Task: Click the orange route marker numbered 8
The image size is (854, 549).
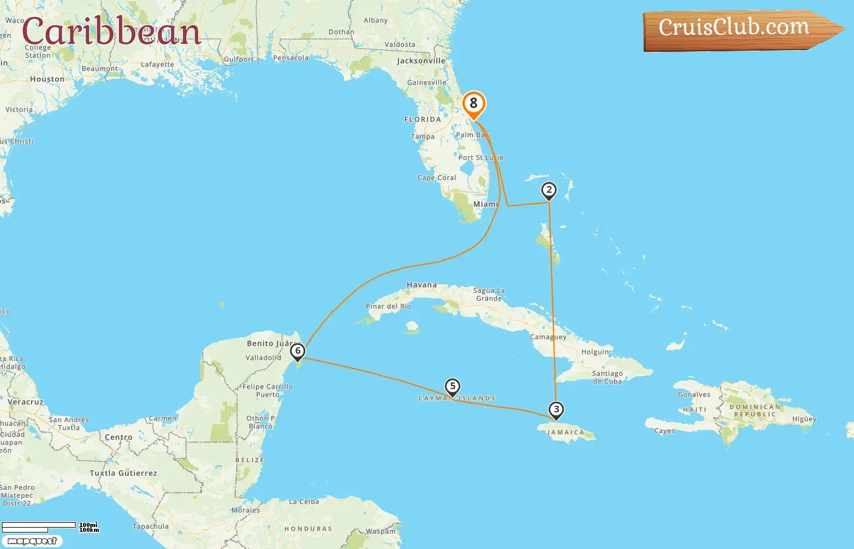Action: pos(473,104)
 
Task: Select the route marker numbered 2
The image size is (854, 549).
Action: pos(549,190)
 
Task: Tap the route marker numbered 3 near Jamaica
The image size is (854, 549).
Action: pos(556,410)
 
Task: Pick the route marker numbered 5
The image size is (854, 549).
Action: pos(452,387)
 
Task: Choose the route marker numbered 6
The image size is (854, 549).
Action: pos(298,351)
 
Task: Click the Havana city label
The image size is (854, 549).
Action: pos(422,285)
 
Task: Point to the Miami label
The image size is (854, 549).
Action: pos(486,204)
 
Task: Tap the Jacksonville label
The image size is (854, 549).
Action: pos(421,61)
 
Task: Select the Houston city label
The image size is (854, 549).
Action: pos(47,79)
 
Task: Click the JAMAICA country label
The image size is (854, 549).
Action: pos(565,432)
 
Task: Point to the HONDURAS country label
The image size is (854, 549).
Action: pos(308,529)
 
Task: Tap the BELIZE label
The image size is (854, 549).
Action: pos(249,461)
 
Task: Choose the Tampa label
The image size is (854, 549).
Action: pos(423,137)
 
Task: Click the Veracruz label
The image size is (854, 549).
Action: pos(26,402)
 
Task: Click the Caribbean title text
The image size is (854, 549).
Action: pos(111,32)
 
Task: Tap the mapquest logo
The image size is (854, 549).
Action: pos(32,541)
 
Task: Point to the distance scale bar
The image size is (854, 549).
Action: pos(39,526)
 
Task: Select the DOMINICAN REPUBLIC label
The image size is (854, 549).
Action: pos(756,411)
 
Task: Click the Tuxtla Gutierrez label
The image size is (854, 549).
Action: pos(123,473)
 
